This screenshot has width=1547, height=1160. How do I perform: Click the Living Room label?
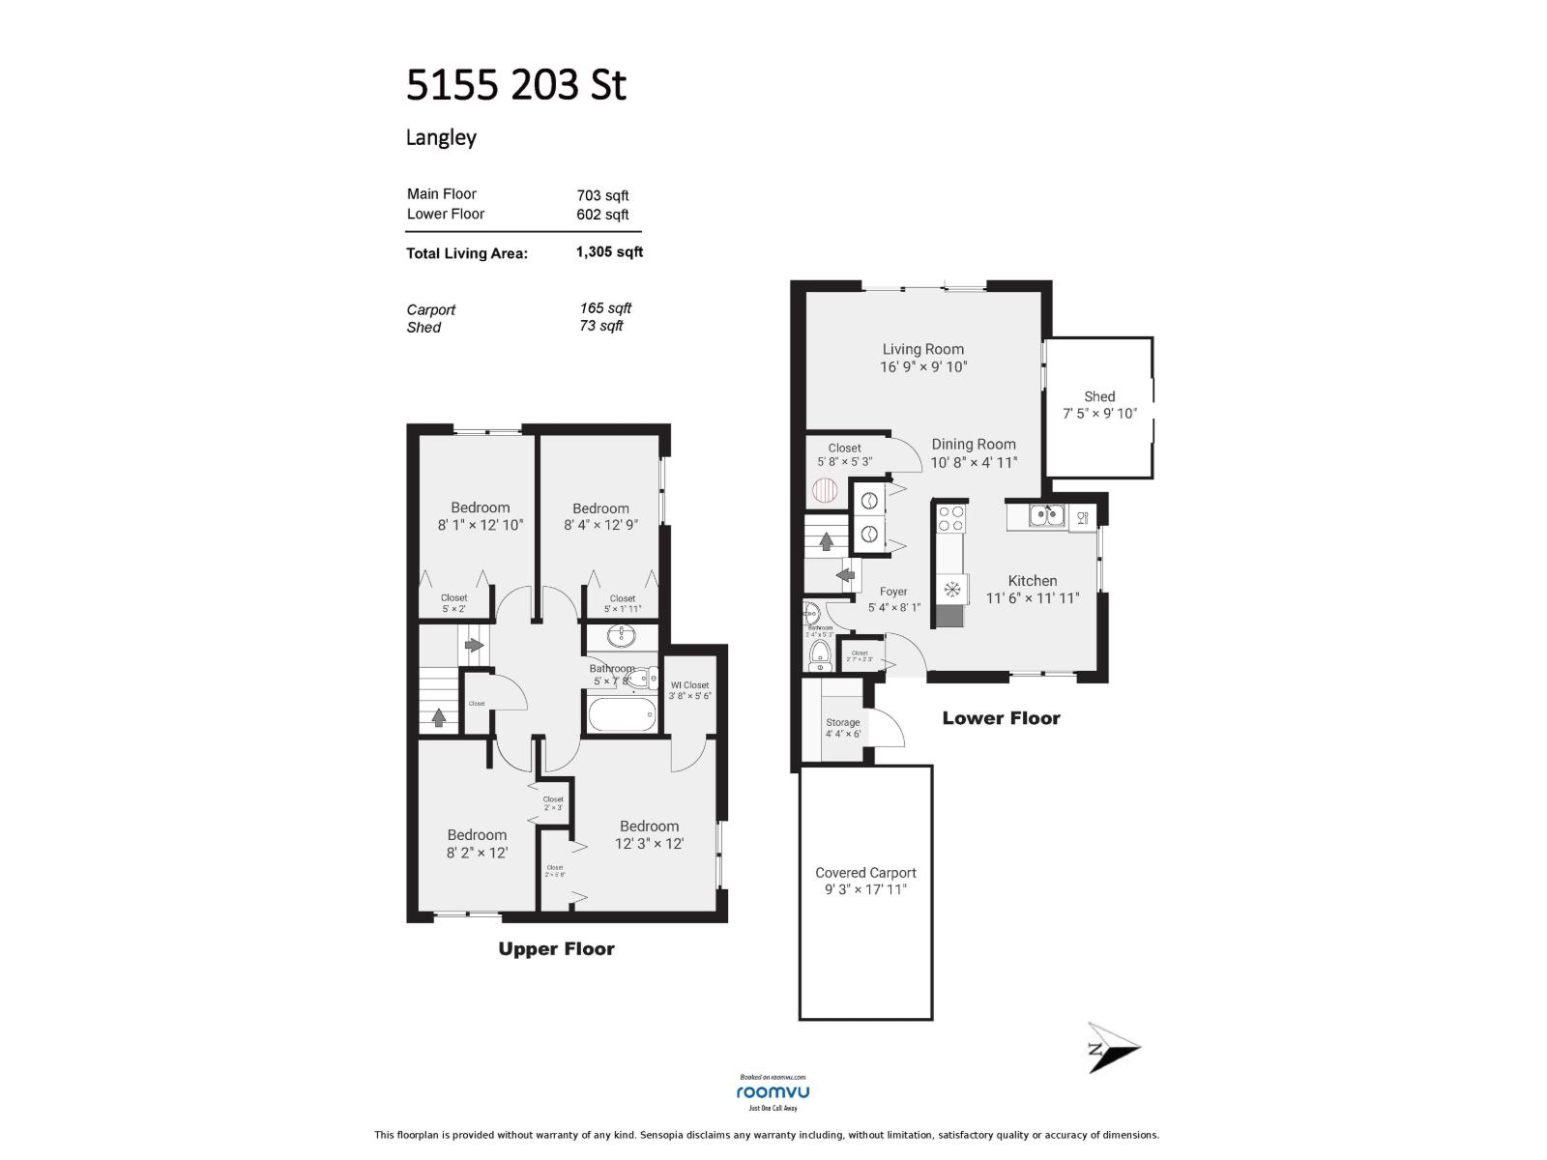pos(922,349)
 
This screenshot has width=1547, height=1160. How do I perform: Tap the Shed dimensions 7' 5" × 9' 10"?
pos(1099,414)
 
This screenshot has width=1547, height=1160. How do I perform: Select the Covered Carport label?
pos(865,872)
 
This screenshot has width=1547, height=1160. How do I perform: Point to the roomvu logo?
pos(773,1092)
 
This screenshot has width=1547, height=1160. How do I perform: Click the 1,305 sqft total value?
pos(609,252)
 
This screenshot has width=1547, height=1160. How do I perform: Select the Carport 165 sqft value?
pos(605,308)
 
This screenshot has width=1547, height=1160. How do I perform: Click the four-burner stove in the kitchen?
pos(950,519)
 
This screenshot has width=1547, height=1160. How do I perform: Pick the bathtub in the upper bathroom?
pos(621,716)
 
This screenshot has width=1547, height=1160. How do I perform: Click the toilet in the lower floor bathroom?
pos(820,654)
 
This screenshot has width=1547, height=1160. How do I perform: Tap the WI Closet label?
pos(689,685)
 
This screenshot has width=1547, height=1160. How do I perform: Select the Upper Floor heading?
pos(556,949)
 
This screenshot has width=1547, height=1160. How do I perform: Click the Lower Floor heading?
pos(1001,718)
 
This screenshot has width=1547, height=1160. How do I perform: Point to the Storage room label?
pos(842,722)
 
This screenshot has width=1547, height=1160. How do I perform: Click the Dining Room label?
pos(974,445)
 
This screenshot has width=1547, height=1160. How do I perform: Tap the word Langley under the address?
pos(441,137)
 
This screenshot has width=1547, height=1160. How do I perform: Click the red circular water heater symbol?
pos(825,491)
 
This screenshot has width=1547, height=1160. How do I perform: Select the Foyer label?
pos(893,592)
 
